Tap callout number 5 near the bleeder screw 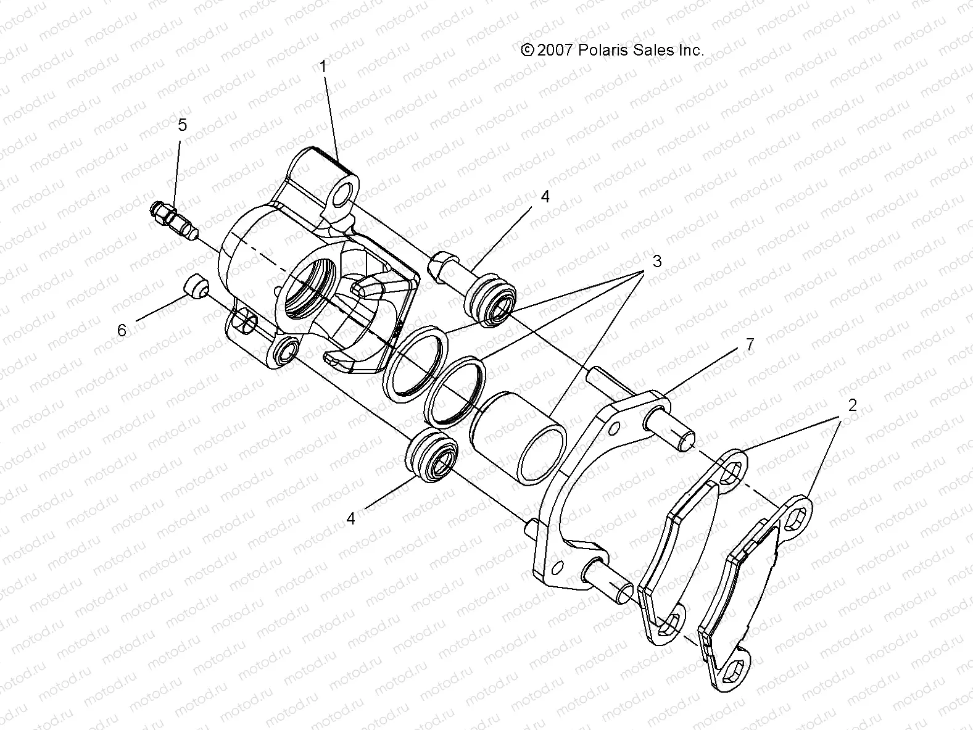[x=182, y=125]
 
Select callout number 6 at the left [x=122, y=330]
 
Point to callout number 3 [x=656, y=261]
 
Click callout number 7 [x=750, y=345]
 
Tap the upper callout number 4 [x=544, y=197]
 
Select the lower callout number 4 [x=350, y=518]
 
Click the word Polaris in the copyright [x=602, y=51]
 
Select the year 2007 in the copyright [x=556, y=51]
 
